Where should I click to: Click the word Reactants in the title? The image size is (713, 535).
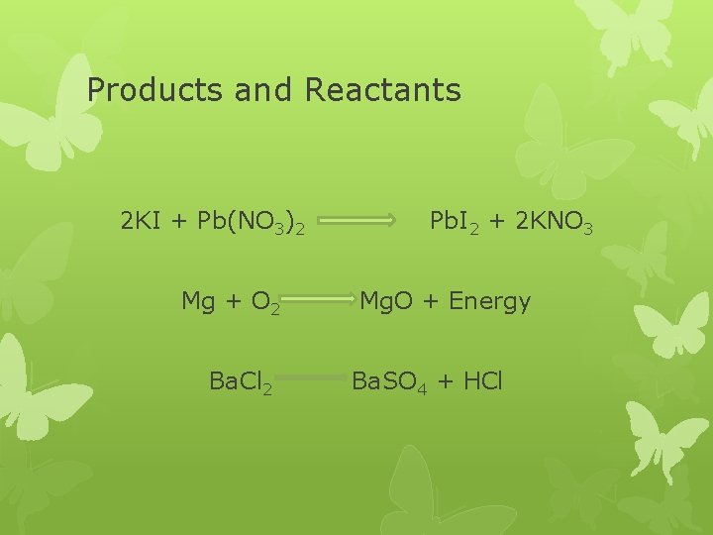[x=383, y=90]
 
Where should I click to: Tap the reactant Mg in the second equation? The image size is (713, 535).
[x=199, y=301]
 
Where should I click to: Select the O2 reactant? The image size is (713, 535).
[x=266, y=302]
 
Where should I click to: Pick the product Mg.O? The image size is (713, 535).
[x=389, y=300]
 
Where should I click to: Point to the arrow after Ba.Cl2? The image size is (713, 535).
[x=316, y=377]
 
